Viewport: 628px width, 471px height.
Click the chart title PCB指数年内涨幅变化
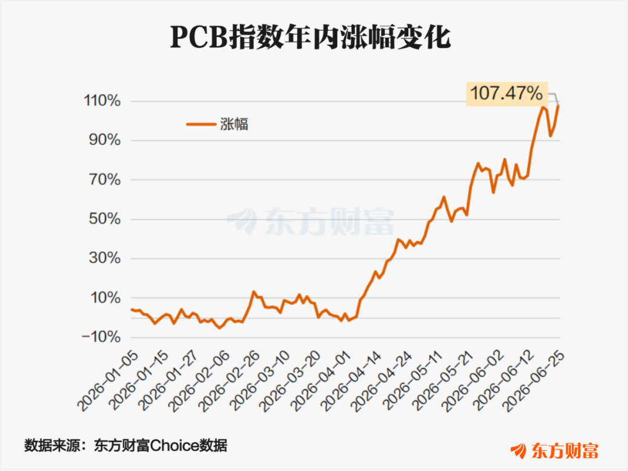coord(311,37)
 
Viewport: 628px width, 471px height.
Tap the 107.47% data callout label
coord(506,94)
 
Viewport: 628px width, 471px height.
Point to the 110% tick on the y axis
coord(102,101)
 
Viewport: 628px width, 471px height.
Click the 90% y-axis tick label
coord(105,140)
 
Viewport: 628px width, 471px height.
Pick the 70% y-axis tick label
coord(105,180)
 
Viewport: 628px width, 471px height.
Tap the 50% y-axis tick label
coord(105,219)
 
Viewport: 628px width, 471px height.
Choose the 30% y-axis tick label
coord(105,258)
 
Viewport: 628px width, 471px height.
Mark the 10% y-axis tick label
coord(105,298)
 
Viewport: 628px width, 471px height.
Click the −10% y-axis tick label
coord(101,337)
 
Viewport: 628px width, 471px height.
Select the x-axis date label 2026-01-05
coord(108,381)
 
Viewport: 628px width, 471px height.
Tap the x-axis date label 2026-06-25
coord(533,381)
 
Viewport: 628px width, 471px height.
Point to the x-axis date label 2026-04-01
coord(322,381)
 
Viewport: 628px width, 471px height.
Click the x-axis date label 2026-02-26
coord(230,381)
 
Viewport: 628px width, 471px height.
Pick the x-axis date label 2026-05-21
coord(443,381)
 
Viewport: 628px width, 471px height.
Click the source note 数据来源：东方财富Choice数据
coord(126,445)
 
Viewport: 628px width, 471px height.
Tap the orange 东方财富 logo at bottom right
coord(555,451)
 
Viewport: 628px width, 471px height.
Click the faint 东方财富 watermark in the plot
coord(311,221)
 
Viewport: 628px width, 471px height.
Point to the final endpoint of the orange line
coord(558,106)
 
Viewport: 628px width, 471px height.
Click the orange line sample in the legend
coord(201,124)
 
